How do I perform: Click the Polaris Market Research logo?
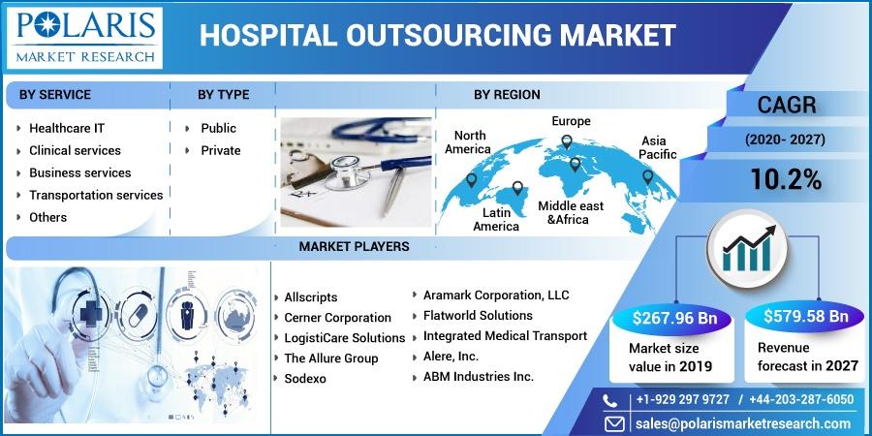[x=84, y=38]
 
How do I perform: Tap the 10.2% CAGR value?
[x=786, y=179]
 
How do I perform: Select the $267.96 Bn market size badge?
[x=674, y=319]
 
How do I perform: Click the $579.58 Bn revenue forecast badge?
[x=806, y=317]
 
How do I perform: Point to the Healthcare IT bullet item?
[x=67, y=128]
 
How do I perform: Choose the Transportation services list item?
[x=96, y=195]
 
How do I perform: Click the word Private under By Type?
[x=221, y=151]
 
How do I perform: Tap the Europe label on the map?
[x=571, y=121]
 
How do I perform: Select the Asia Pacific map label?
[x=657, y=147]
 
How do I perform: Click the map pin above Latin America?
[x=517, y=188]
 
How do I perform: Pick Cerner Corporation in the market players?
[x=337, y=318]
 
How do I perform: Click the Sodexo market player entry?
[x=305, y=379]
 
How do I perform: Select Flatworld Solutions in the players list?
[x=478, y=315]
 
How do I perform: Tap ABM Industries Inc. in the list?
[x=479, y=377]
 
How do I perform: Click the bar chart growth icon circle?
[x=747, y=250]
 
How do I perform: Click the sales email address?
[x=743, y=423]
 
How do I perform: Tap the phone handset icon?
[x=610, y=400]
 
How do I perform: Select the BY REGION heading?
[x=507, y=95]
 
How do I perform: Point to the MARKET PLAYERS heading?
[x=354, y=246]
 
